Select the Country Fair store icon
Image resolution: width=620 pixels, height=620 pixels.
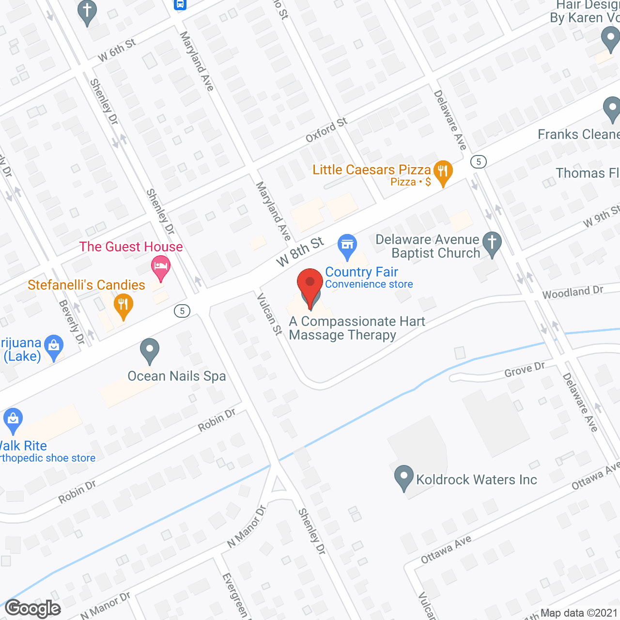[347, 245]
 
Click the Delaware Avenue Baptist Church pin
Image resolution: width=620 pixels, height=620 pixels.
[492, 244]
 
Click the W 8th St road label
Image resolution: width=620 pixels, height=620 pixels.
[300, 251]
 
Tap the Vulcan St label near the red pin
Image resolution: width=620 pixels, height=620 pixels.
[269, 314]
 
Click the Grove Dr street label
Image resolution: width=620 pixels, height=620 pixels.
[525, 370]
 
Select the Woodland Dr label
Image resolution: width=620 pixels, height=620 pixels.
[573, 292]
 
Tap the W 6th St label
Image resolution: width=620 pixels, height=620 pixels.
[117, 50]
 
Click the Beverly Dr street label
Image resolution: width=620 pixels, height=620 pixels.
[72, 322]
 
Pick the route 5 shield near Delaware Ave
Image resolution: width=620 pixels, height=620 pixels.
[479, 161]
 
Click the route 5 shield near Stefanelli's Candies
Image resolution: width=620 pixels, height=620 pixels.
[182, 310]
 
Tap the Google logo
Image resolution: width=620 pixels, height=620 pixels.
[33, 608]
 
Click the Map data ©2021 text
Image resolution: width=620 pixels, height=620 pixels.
[579, 613]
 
